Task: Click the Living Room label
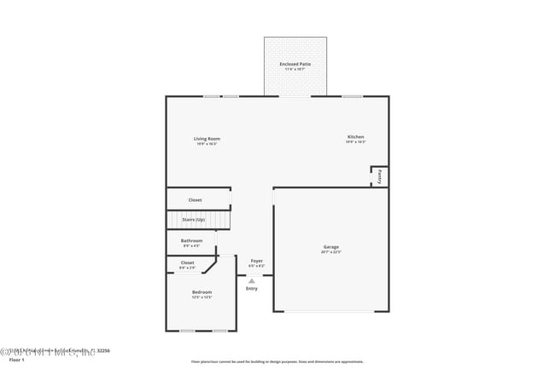coord(207,139)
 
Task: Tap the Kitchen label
coord(355,137)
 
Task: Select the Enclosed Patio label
coord(295,64)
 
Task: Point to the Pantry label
coord(379,176)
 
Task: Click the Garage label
coord(330,247)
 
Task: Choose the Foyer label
coord(256,261)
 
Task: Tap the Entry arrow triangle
coord(252,280)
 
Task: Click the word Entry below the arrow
coord(252,289)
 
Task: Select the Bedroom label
coord(202,292)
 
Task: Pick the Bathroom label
coord(191,240)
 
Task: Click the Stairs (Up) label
coord(193,220)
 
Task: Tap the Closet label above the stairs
coord(195,200)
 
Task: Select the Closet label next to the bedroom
coord(187,262)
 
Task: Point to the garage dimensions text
coord(330,252)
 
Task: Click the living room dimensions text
coord(207,144)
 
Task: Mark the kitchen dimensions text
coord(355,142)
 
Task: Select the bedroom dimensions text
coord(202,297)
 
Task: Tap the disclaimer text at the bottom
coord(277,361)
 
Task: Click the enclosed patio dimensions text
coord(295,69)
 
